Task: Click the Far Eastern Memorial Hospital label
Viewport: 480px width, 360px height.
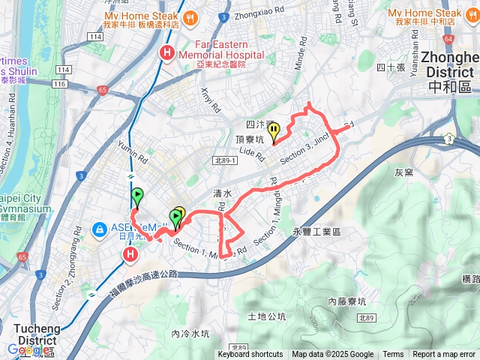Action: click(229, 49)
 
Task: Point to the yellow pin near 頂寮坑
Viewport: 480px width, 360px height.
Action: click(274, 132)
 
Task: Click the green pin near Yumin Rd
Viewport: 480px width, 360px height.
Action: click(137, 198)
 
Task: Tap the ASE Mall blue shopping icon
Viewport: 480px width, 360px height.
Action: click(99, 229)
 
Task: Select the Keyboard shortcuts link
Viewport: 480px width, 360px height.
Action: click(250, 355)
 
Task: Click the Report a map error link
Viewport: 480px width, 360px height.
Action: click(444, 355)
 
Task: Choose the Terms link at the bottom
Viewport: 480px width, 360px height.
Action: click(393, 355)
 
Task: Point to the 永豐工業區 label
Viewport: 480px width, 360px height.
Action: click(319, 232)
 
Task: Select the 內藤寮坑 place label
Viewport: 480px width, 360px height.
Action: click(346, 301)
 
